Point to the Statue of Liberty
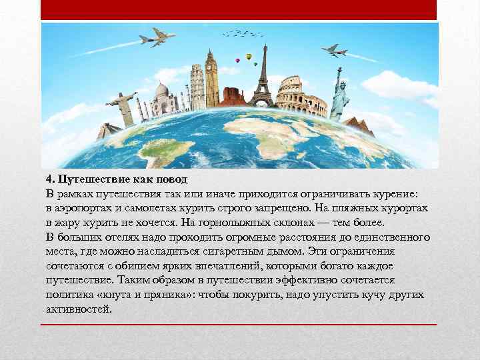[341, 93]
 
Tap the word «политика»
[69, 294]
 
